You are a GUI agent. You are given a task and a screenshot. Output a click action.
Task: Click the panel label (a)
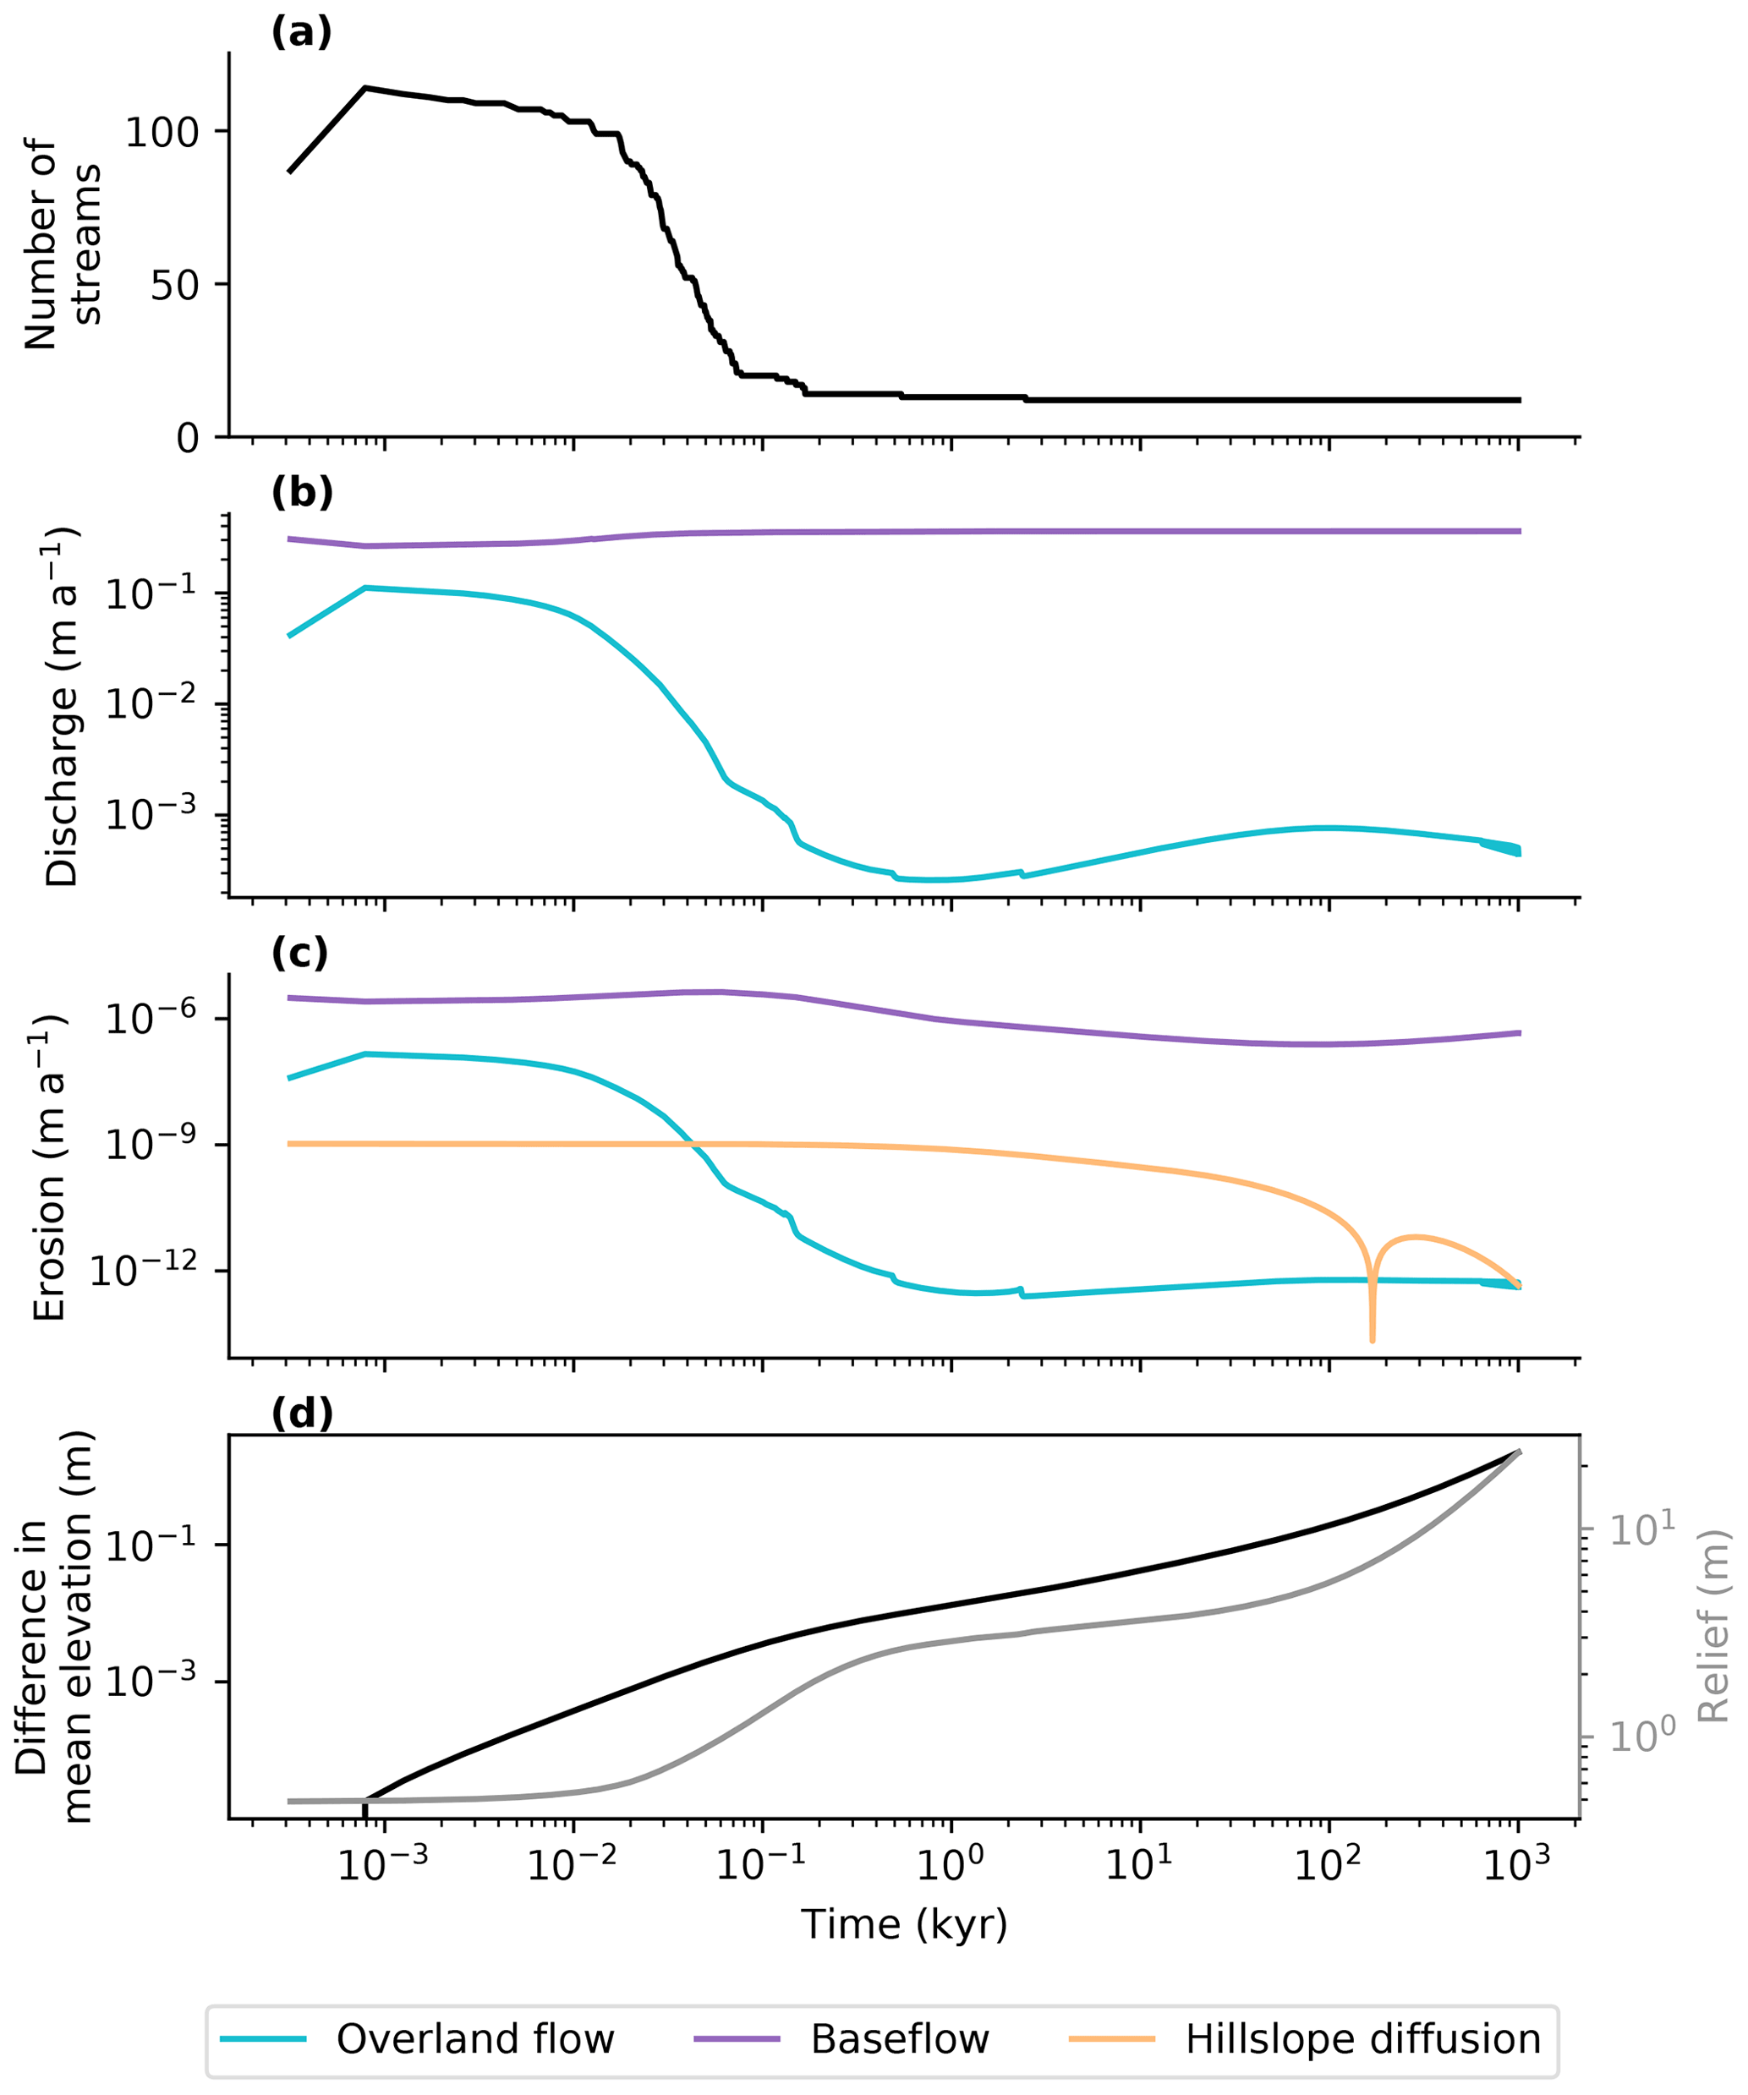pos(301,33)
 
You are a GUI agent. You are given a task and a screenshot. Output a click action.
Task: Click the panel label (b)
pos(301,492)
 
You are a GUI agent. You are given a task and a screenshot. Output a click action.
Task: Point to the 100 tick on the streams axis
pos(162,133)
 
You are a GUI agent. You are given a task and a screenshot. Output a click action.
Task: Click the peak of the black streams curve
pos(365,88)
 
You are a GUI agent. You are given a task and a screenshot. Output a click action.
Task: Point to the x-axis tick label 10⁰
pos(951,1863)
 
